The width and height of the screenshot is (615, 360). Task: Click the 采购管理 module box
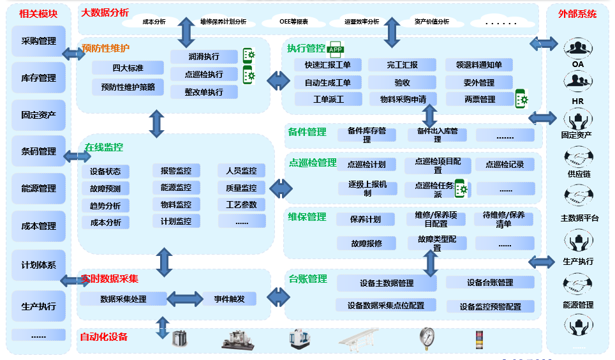point(38,41)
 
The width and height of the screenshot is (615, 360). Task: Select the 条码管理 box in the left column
point(38,152)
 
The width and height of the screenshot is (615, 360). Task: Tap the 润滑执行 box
point(204,56)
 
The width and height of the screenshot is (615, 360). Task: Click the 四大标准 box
point(128,68)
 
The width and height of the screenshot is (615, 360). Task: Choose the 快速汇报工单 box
point(327,65)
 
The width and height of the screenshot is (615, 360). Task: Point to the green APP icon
point(335,49)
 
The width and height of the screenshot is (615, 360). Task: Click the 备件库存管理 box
point(367,135)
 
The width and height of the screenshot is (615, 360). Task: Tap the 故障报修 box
point(366,243)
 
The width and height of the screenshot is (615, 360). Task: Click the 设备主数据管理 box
point(387,283)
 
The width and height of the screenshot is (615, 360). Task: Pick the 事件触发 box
point(229,299)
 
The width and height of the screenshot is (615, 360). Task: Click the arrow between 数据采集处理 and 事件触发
point(185,299)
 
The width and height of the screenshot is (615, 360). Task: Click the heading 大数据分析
point(105,13)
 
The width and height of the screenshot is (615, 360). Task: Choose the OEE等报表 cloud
point(293,22)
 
